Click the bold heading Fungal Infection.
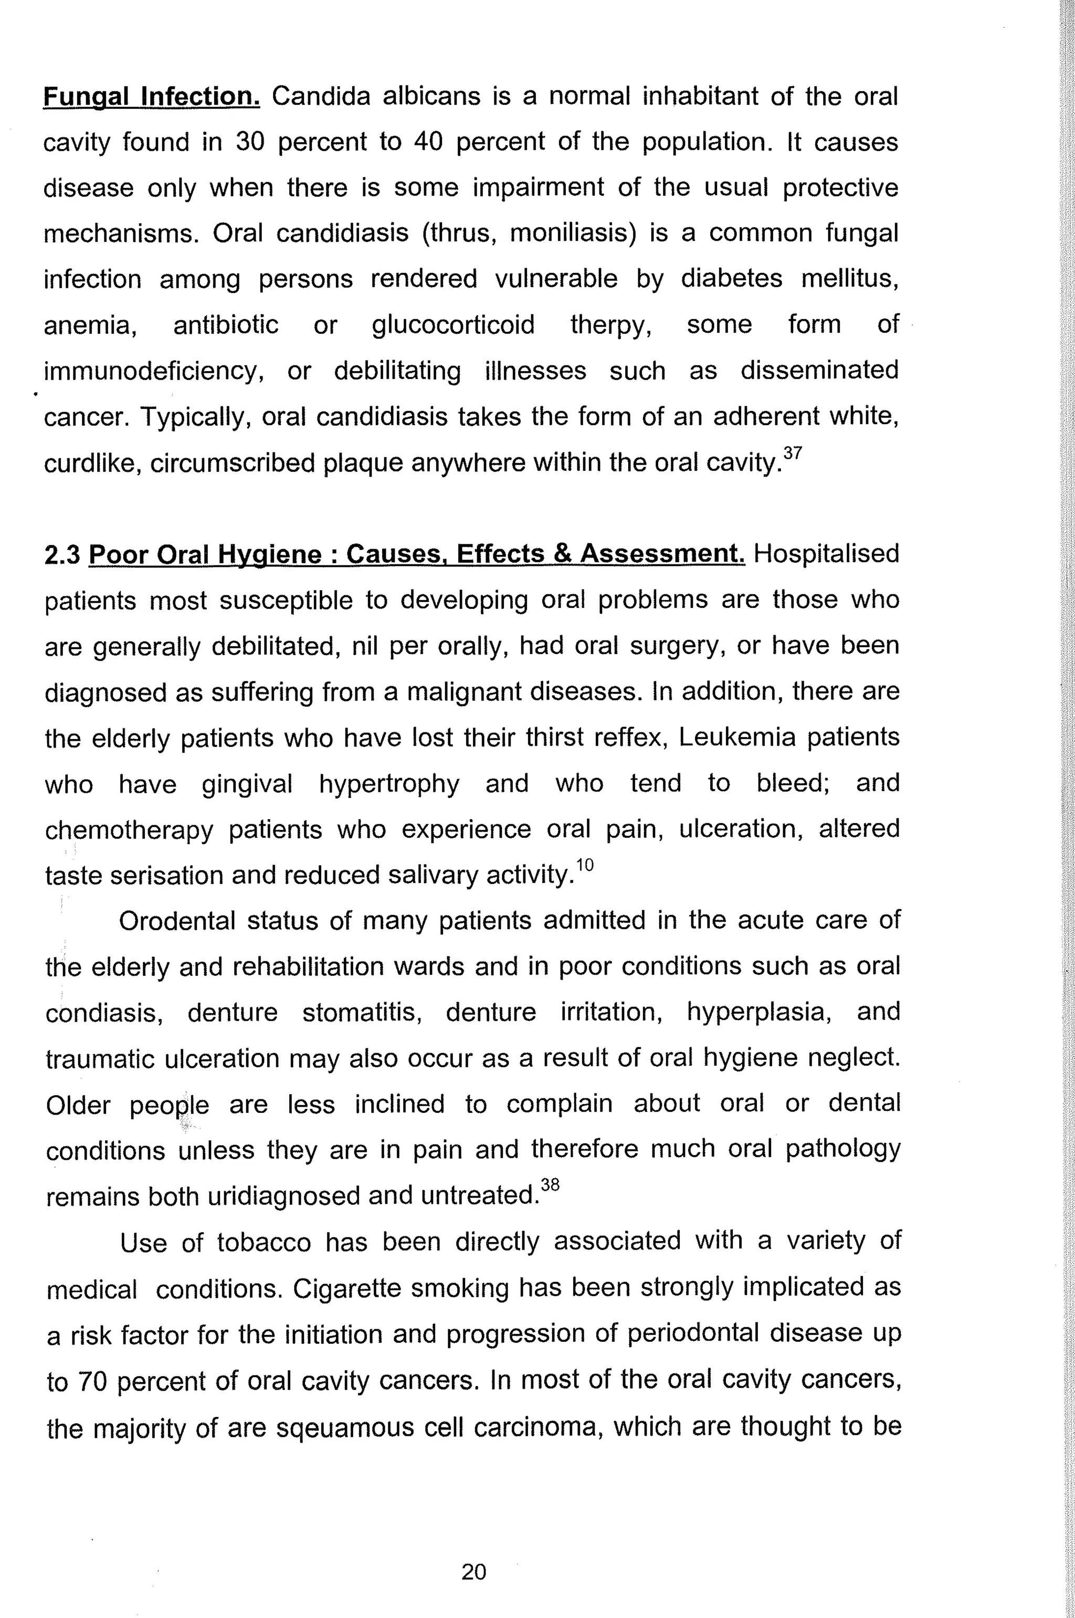tap(152, 97)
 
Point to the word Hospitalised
tap(826, 553)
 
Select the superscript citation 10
tap(584, 865)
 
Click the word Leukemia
tap(737, 737)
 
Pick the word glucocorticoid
tap(453, 325)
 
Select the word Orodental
tap(176, 921)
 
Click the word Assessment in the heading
tap(662, 553)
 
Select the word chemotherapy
tap(130, 829)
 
